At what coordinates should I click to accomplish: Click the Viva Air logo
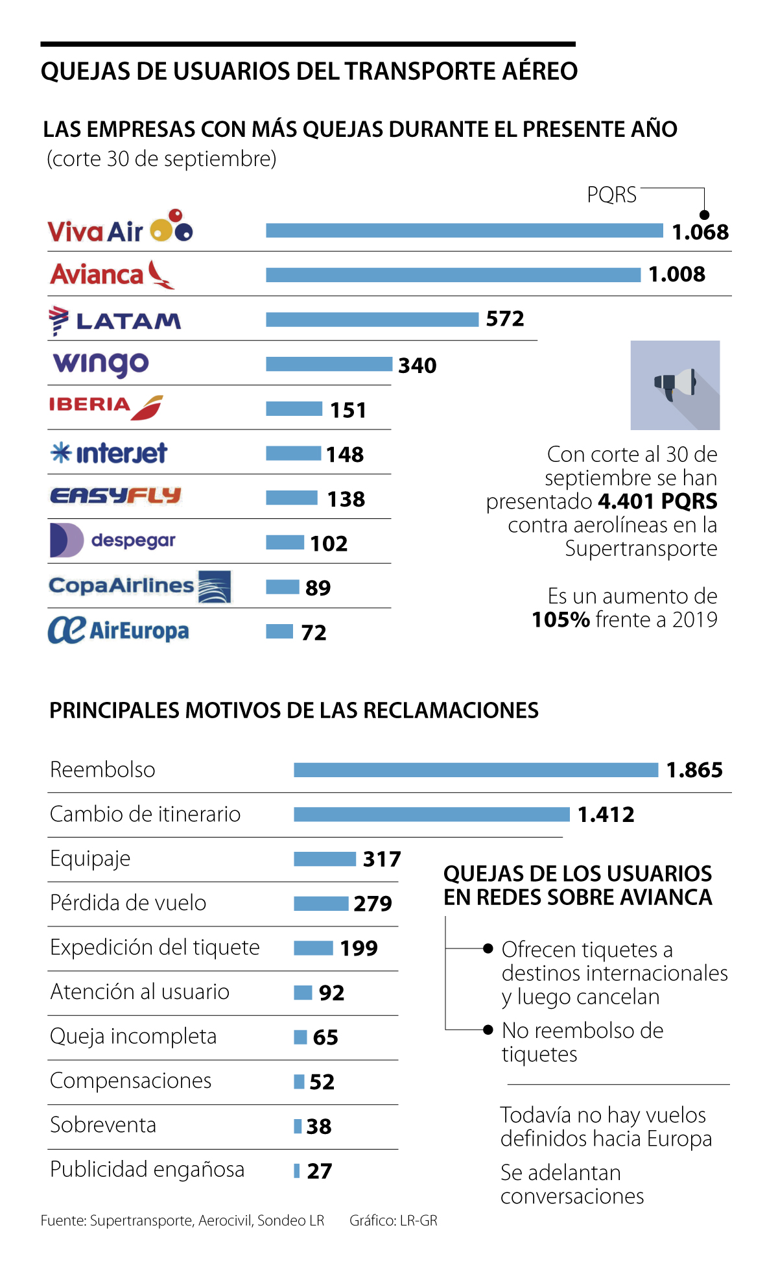click(x=120, y=228)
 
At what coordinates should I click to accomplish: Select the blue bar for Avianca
click(x=453, y=275)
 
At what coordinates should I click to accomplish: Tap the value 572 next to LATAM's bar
click(x=505, y=319)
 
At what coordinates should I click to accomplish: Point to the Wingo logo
click(x=101, y=364)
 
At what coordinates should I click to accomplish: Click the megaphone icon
click(x=675, y=385)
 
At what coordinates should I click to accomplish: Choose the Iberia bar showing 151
click(x=294, y=409)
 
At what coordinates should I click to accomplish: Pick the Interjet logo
click(x=109, y=453)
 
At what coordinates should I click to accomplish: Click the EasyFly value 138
click(x=346, y=499)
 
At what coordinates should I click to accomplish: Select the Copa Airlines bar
click(x=282, y=587)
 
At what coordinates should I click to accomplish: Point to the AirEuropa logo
click(x=119, y=630)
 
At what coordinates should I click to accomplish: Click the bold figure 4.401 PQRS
click(x=657, y=501)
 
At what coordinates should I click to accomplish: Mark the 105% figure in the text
click(x=560, y=620)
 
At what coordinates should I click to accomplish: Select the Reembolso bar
click(x=475, y=770)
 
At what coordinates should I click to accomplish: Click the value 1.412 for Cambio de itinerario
click(x=606, y=814)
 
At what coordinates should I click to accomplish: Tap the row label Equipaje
click(x=90, y=858)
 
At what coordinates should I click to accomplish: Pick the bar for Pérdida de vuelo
click(x=321, y=903)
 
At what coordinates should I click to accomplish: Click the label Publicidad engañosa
click(x=147, y=1169)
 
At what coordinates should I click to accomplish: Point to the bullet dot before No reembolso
click(x=488, y=1030)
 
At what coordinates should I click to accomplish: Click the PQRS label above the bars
click(x=611, y=195)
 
